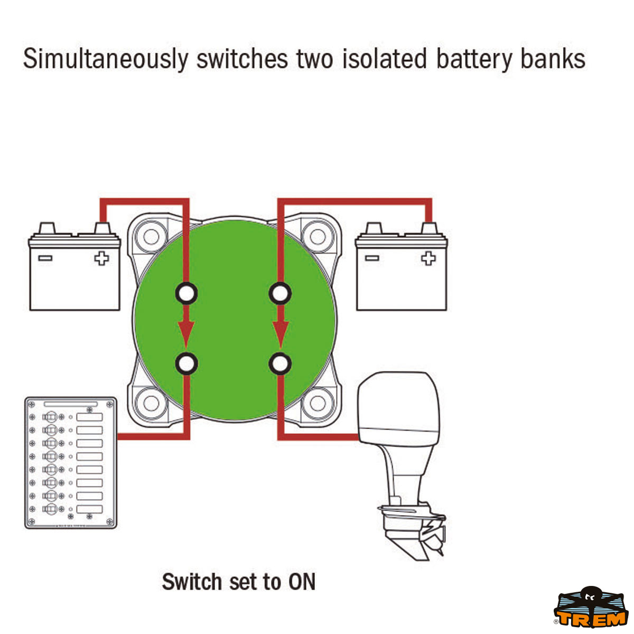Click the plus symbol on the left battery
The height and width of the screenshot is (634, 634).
(x=101, y=258)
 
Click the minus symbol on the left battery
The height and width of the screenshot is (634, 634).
(x=45, y=258)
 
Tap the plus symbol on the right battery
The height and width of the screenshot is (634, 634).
(x=428, y=258)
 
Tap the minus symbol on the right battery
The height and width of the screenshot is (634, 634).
(x=371, y=258)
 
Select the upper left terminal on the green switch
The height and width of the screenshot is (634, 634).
(x=186, y=293)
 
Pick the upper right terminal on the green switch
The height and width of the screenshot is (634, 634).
(x=279, y=293)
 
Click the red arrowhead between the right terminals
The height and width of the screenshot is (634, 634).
(x=280, y=331)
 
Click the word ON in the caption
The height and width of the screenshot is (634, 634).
(x=302, y=582)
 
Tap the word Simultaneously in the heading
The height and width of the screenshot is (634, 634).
(x=105, y=59)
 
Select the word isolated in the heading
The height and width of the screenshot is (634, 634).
(x=384, y=59)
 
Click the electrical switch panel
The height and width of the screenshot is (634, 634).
(x=70, y=463)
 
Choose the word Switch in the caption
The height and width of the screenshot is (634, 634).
(x=191, y=582)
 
